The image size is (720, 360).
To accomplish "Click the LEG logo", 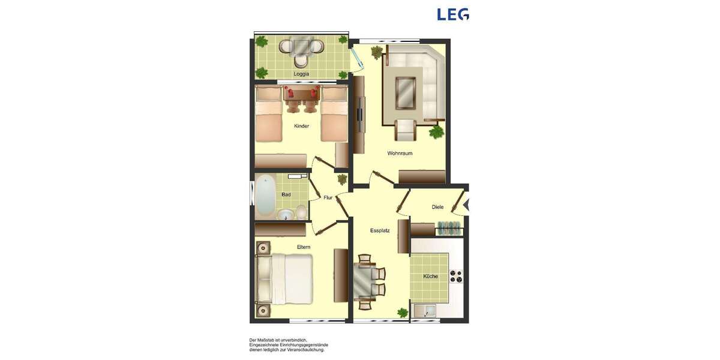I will coord(452,14).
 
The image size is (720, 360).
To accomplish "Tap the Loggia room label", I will coord(301,74).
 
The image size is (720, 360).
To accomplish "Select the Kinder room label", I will coord(301,126).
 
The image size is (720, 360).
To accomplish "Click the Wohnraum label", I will coord(400,153).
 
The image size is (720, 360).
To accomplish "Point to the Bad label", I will coord(286,194).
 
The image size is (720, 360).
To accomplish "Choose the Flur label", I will coord(328,197).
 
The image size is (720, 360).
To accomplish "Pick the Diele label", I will coord(437,207).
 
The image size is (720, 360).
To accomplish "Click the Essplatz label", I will coord(380,230).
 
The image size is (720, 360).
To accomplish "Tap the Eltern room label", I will coord(304,247).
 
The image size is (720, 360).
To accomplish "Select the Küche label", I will coord(430,277).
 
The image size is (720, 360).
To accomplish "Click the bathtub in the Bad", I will coord(264,195).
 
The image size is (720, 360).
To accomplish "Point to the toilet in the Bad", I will coord(301,211).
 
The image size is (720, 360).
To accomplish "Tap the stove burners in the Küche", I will coord(457,277).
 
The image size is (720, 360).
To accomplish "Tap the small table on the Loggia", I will coord(301,46).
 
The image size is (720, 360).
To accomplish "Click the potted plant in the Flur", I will coord(342,179).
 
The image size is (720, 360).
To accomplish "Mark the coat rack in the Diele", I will coord(449,229).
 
